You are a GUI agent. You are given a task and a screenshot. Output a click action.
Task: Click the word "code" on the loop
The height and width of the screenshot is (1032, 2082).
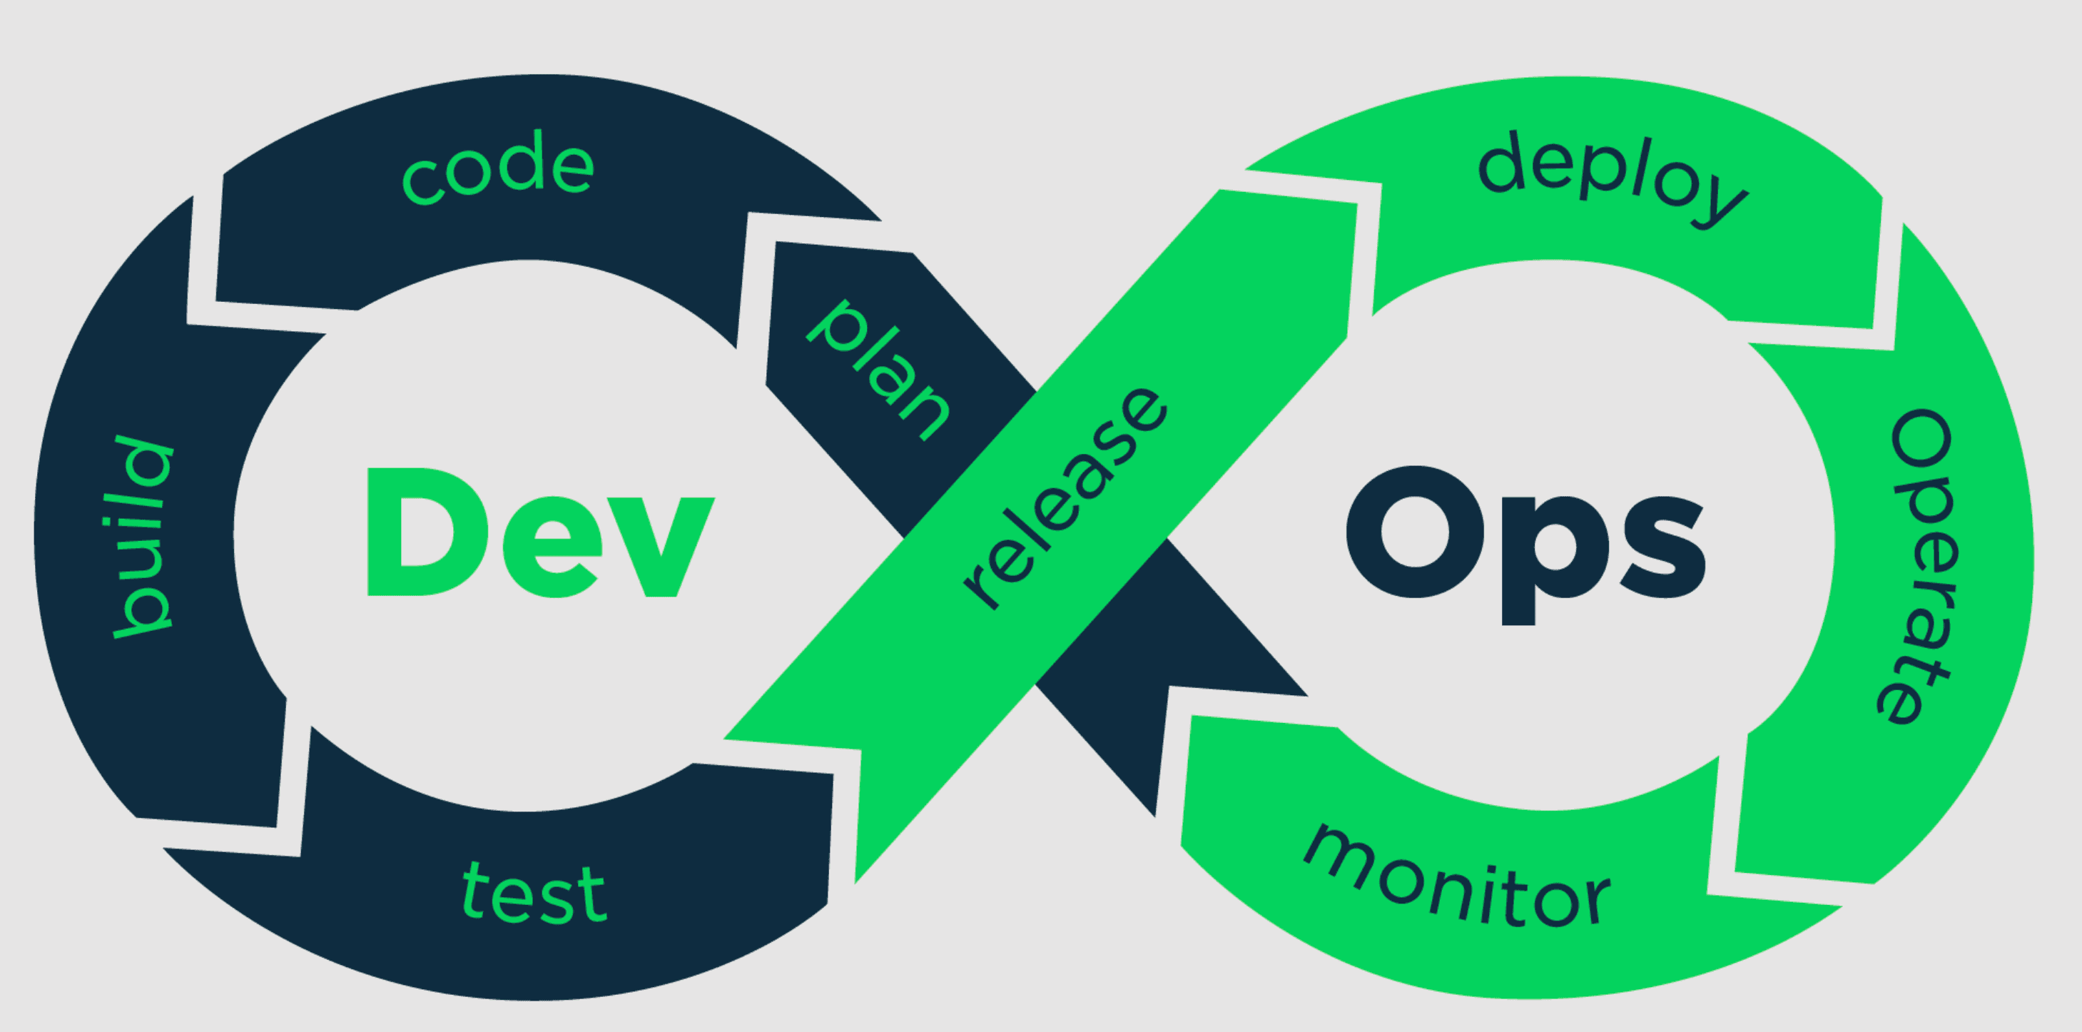pyautogui.click(x=499, y=172)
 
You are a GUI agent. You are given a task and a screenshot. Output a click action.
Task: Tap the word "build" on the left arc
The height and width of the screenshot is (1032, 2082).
pyautogui.click(x=144, y=537)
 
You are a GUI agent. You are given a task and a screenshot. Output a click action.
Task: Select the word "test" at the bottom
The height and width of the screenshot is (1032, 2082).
pyautogui.click(x=534, y=892)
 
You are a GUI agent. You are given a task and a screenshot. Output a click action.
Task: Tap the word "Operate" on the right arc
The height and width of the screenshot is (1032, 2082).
pyautogui.click(x=1919, y=566)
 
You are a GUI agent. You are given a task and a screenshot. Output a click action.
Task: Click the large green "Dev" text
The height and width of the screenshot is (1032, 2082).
pyautogui.click(x=540, y=532)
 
